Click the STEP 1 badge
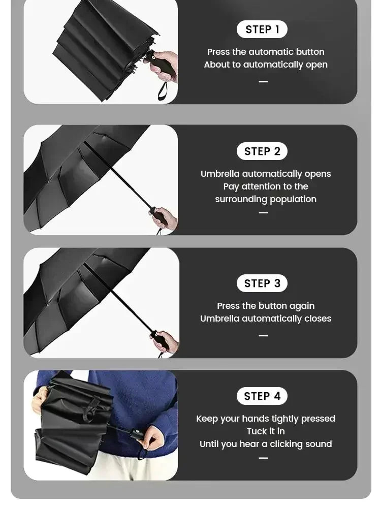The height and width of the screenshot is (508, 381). click(262, 29)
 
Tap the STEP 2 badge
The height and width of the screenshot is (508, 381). click(262, 151)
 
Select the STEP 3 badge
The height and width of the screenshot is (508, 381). click(262, 283)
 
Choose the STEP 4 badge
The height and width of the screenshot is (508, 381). click(262, 396)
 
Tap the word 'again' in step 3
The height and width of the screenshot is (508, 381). click(302, 306)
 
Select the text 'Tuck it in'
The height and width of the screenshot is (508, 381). click(266, 431)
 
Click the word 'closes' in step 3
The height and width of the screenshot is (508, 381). click(317, 319)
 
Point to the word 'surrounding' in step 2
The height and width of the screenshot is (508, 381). click(240, 199)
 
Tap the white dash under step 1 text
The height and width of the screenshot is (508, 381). click(263, 82)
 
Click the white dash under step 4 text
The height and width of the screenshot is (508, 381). click(263, 458)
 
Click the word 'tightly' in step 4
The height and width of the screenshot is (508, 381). click(285, 419)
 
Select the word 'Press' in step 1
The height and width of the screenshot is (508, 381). click(218, 52)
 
